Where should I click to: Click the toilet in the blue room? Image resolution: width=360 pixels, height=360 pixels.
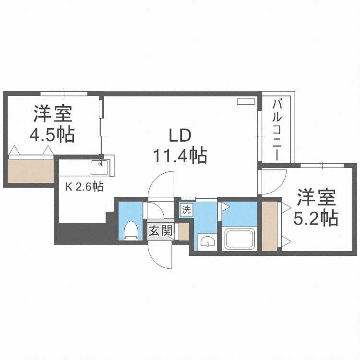click(130, 230)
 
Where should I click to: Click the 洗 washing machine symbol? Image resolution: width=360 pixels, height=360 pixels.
click(186, 209)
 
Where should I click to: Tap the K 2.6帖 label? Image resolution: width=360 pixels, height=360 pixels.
click(84, 186)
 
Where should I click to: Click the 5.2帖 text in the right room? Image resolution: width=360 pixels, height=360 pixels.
click(316, 218)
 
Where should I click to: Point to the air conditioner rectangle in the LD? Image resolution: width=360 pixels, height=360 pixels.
click(247, 102)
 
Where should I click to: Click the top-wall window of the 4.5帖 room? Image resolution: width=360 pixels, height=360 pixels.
click(63, 93)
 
